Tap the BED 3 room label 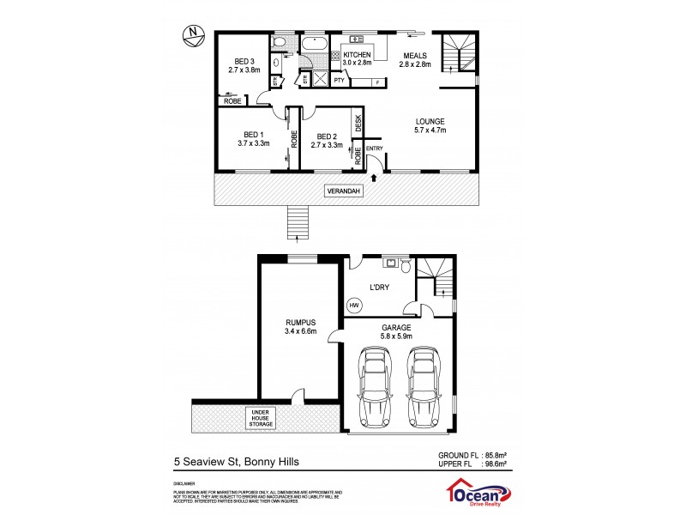[x=244, y=62]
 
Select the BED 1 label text [x=253, y=135]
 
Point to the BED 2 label [x=326, y=136]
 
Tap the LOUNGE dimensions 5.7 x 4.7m [x=430, y=130]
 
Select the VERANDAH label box [x=343, y=191]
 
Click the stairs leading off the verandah [x=296, y=223]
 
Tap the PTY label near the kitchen [x=340, y=81]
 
